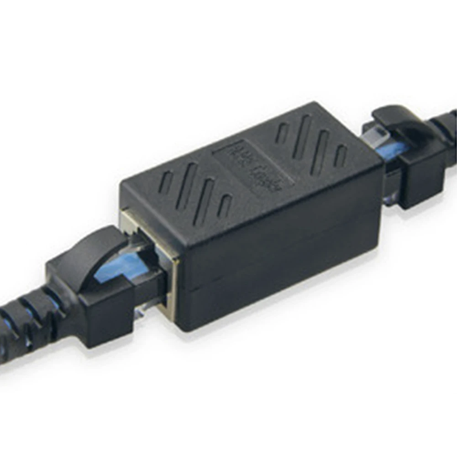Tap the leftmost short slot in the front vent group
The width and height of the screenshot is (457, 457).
[x=166, y=182]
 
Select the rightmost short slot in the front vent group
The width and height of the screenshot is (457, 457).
[x=225, y=205]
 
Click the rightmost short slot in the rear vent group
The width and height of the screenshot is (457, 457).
[x=340, y=156]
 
